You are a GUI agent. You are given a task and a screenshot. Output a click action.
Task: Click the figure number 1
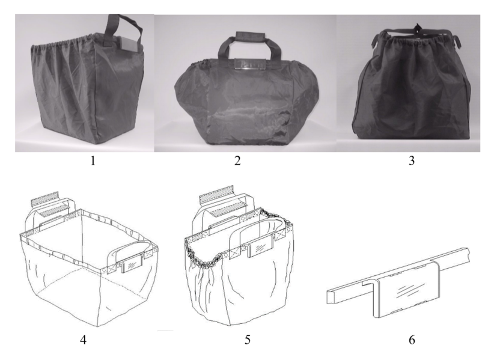pos(93,160)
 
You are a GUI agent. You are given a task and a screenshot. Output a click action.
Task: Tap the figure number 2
pos(237,160)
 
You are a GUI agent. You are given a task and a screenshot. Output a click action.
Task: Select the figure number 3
pos(412,160)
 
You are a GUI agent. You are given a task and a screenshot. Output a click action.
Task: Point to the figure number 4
pos(83,340)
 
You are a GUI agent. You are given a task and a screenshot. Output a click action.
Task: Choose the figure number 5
pos(248,340)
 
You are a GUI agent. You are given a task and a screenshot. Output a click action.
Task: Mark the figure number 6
pos(412,340)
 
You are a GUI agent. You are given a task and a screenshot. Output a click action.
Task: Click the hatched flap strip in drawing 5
pos(216,193)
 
